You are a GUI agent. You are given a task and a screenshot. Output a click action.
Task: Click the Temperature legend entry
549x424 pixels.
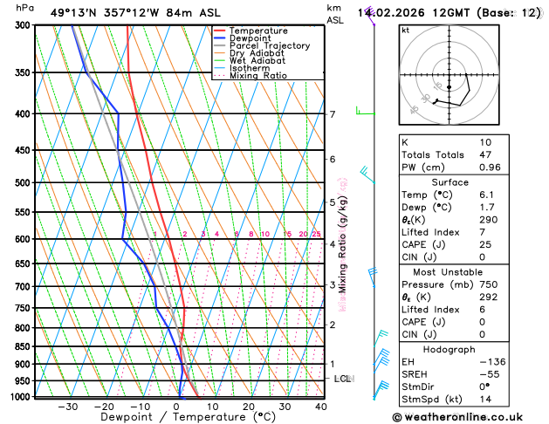254,31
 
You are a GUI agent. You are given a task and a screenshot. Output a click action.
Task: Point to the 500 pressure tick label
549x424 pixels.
21,183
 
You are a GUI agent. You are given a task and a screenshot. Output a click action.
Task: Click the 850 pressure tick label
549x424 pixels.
21,347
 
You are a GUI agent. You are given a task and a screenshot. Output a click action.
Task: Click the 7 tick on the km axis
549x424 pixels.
333,114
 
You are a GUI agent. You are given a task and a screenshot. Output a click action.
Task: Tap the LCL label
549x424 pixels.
342,379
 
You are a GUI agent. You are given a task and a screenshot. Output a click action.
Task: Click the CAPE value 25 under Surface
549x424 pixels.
485,244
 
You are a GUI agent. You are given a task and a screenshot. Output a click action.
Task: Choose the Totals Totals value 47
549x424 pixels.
485,154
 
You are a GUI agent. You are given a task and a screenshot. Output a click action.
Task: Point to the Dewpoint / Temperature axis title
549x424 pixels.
177,417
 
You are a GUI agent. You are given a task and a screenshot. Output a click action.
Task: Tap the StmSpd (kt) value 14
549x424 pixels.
485,400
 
